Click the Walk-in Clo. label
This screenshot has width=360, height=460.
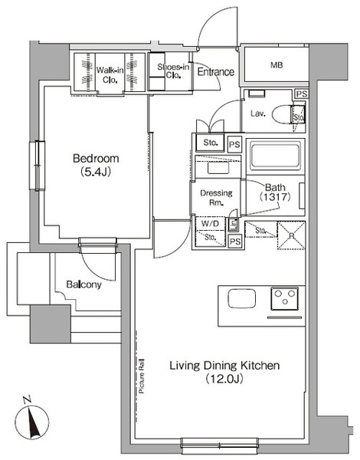coord(110,74)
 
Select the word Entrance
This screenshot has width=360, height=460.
coord(215,72)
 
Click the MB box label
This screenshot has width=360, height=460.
coord(276,65)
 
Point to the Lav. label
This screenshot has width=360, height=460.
coord(258,114)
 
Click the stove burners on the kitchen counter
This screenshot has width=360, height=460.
coord(285,297)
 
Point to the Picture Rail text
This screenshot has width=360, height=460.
coord(142,372)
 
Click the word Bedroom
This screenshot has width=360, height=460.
coord(96,159)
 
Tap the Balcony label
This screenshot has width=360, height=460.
coord(83,284)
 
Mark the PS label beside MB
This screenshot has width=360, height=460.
coord(303,94)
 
